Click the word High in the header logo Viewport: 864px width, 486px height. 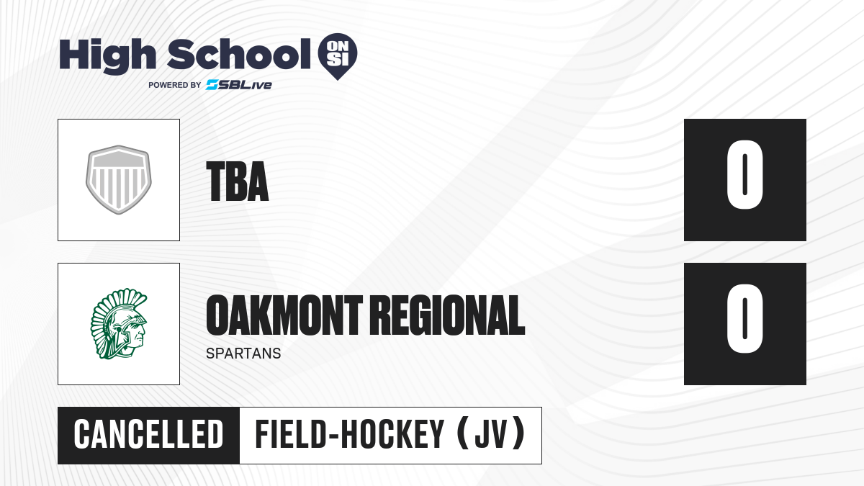point(108,56)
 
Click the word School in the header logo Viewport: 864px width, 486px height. point(239,54)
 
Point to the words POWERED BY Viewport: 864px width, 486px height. point(175,85)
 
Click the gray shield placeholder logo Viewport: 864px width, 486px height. point(119,180)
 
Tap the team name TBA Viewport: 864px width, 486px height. point(238,181)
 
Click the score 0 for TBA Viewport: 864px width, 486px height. point(744,175)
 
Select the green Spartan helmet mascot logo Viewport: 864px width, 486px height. point(119,323)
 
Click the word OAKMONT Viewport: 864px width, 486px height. point(284,315)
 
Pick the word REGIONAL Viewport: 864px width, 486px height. point(448,315)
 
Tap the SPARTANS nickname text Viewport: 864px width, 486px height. point(243,354)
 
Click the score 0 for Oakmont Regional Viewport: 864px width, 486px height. point(744,318)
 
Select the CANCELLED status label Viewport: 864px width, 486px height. point(148,435)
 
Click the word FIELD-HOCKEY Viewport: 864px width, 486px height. point(349,435)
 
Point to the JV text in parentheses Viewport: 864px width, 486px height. point(490,435)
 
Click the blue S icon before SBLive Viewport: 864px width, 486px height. point(212,85)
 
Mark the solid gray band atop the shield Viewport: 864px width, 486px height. point(119,159)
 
